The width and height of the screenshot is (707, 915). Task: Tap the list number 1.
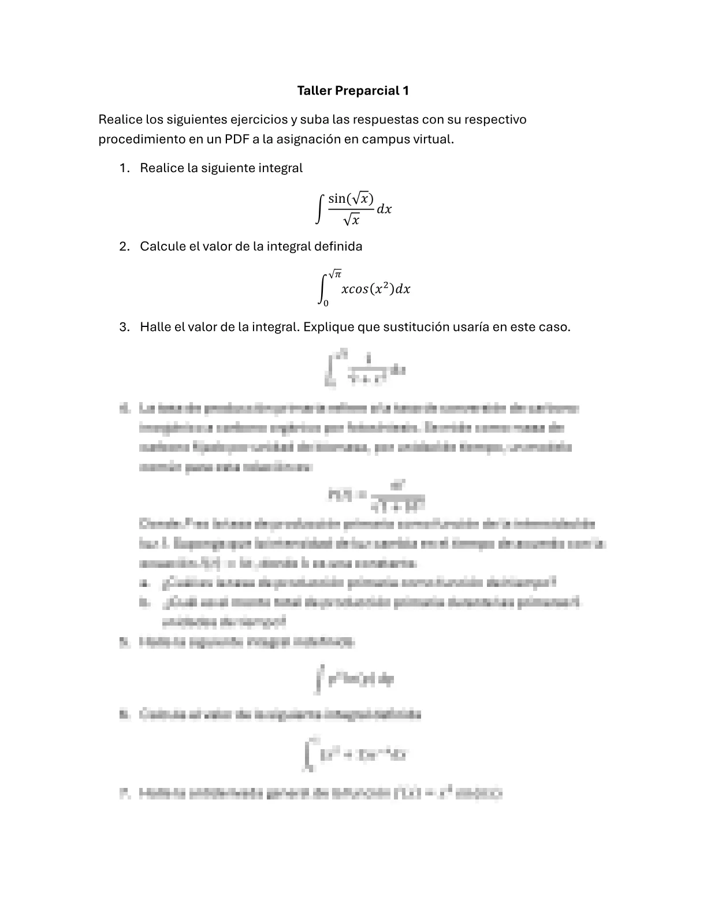pos(123,168)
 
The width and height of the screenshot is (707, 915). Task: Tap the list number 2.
pos(123,247)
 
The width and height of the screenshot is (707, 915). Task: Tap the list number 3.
pos(123,327)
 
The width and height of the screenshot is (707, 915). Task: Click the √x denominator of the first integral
pos(351,220)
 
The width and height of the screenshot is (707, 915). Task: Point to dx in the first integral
pos(384,209)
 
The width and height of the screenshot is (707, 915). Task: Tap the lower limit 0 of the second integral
pos(326,303)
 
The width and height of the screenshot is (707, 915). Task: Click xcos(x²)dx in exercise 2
pos(375,289)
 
